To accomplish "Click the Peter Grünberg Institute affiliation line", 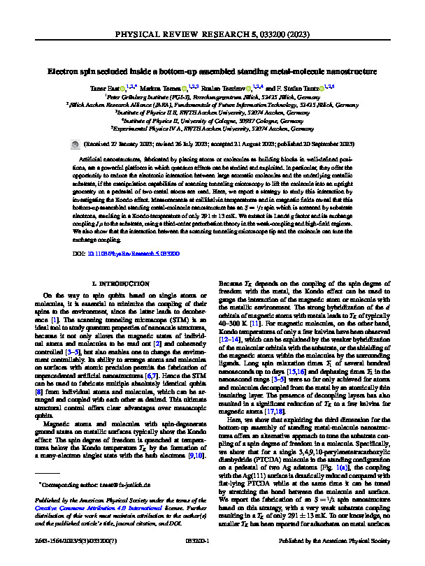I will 212,98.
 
